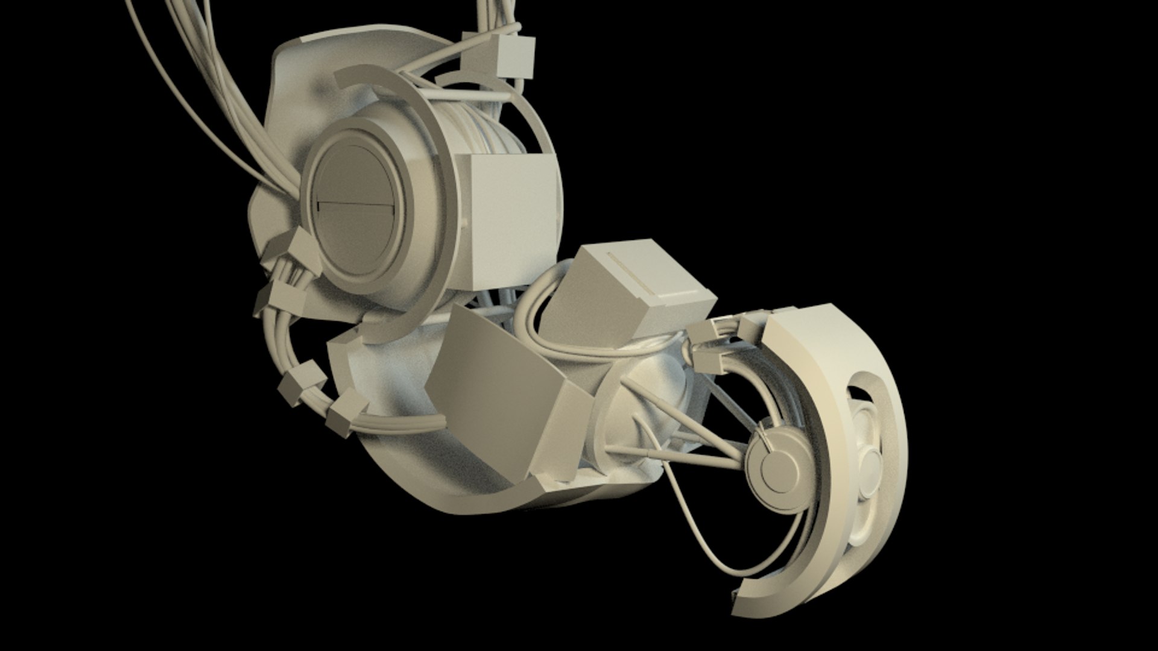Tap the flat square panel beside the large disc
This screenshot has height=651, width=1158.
point(510,220)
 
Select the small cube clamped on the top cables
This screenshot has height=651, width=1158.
point(516,56)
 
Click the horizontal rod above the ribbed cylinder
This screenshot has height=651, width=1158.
point(464,96)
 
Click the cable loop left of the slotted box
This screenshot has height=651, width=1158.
point(531,325)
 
